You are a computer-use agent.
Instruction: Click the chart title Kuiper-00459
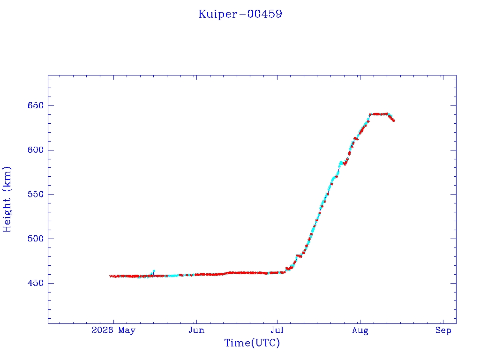point(240,14)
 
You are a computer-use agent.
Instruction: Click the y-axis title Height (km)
point(7,199)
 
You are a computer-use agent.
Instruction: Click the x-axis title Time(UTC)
point(252,343)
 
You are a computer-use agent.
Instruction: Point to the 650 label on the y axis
point(36,105)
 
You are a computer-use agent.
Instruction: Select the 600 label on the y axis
point(36,150)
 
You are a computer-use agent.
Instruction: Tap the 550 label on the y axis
point(36,195)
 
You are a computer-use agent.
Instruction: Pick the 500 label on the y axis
point(36,239)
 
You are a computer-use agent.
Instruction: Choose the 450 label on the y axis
point(36,283)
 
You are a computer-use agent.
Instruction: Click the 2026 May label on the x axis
point(113,330)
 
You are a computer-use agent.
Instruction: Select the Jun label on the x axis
point(196,330)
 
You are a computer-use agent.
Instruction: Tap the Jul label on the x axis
point(277,330)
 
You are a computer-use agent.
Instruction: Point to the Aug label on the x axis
point(360,330)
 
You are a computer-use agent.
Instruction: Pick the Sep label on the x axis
point(443,330)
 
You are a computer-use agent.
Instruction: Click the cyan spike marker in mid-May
point(154,271)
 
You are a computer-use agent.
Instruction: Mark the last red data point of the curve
point(393,120)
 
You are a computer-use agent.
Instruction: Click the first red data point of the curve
point(111,276)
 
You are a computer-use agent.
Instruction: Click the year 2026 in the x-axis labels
point(102,330)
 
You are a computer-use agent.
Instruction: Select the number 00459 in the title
point(264,14)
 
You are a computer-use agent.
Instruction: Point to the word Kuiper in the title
point(218,15)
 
